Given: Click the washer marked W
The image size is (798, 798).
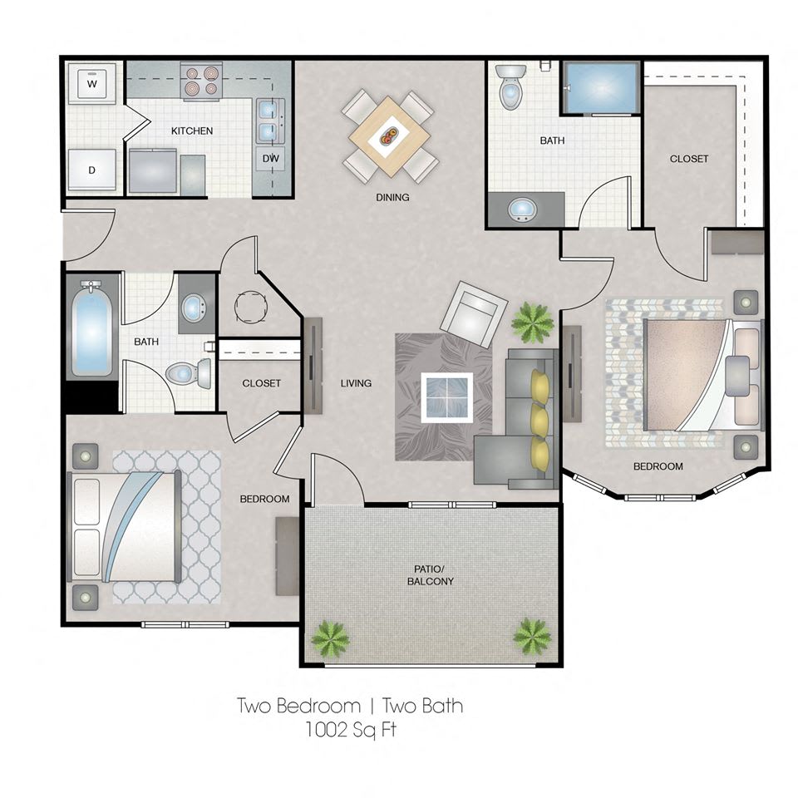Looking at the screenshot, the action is pos(92,83).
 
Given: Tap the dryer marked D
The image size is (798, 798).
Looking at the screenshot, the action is pos(92,170).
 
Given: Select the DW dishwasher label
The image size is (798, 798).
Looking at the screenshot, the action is pos(271,158).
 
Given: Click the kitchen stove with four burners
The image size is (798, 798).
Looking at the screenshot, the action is pos(201,81).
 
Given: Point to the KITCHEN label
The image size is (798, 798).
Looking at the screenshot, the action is pos(192,131).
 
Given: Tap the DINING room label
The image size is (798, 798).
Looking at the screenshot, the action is pos(392,197).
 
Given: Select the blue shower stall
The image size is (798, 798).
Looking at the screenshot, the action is pos(601,88).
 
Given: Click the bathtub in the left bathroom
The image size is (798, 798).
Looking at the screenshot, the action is pos(91,328).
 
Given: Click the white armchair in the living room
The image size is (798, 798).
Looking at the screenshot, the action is pos(474,313).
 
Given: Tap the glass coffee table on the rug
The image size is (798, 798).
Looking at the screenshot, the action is pos(447,397).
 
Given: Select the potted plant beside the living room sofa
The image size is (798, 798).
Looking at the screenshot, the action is pos(532,323).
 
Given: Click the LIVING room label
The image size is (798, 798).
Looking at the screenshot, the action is pos(356,383).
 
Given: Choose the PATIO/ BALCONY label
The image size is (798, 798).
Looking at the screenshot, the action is pos(431,575).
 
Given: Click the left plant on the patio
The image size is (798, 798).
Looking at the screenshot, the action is pos(330,638).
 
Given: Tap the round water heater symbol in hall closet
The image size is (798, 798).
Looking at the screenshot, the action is pos(250,307).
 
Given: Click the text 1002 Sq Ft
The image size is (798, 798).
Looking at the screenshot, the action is pos(350,730).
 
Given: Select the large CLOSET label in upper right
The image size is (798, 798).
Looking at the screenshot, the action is pos(688,159).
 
